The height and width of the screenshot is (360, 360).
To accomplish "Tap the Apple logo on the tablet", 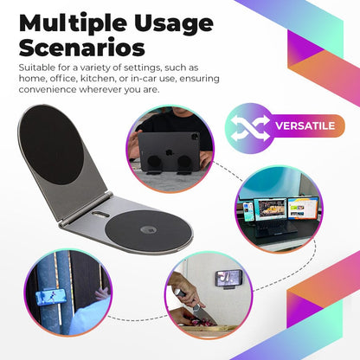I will (166, 139).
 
